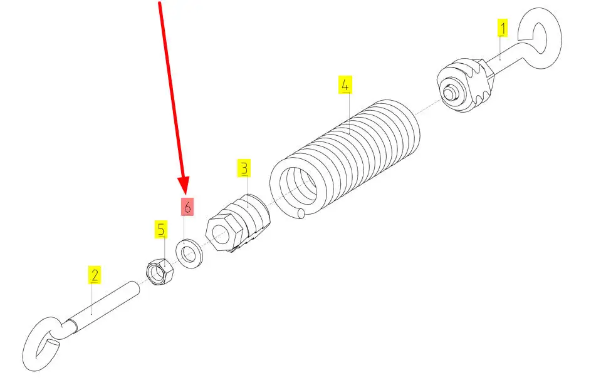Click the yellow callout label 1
coord(503,28)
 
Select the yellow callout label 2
coord(93,274)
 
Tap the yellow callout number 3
coord(244,168)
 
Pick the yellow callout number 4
coord(345,84)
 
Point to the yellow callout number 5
coord(162,230)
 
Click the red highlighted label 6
coord(187,207)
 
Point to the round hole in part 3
coord(220,235)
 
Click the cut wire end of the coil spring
coord(302,214)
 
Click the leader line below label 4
coord(347,113)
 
